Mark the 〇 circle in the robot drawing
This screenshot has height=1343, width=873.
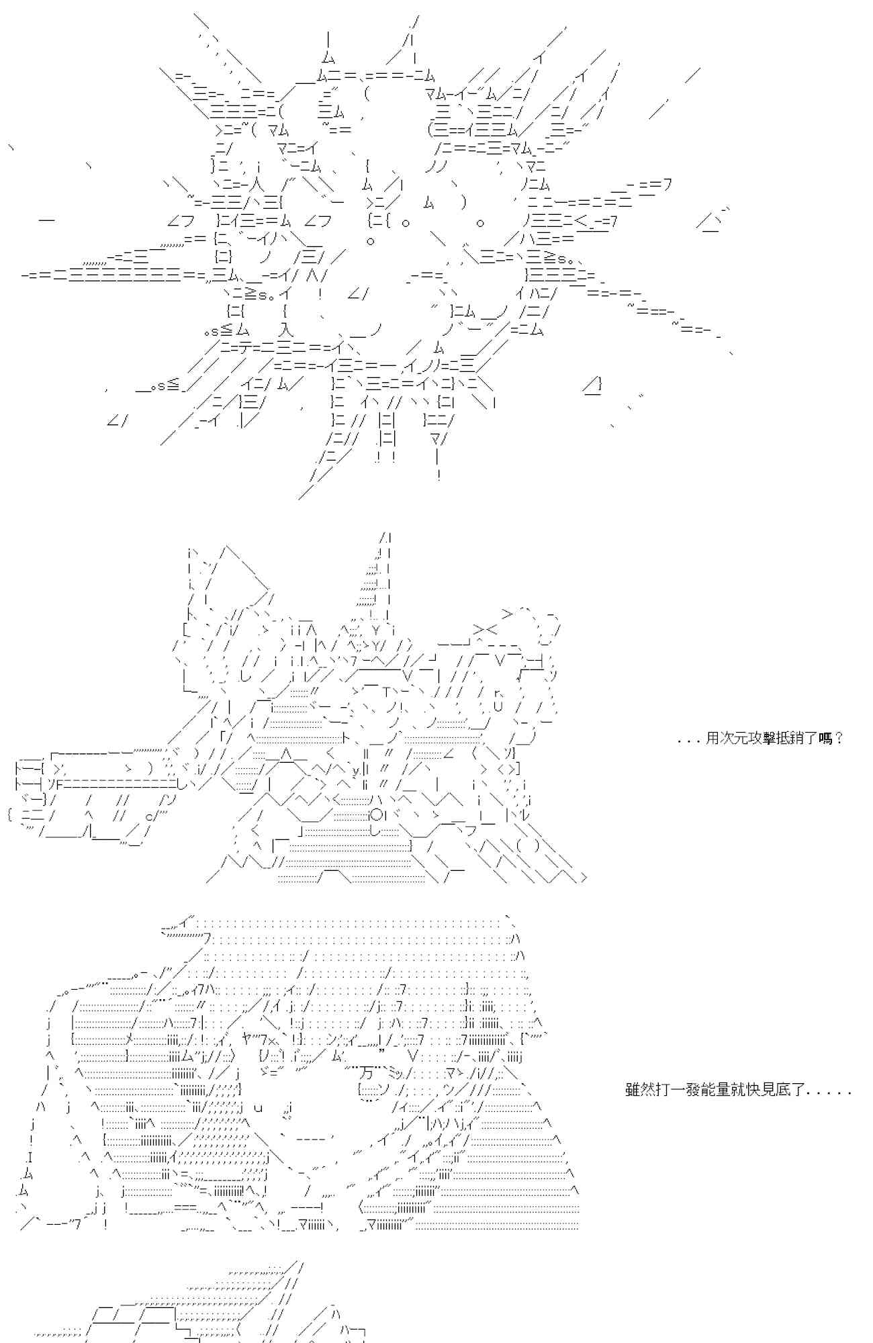click(377, 815)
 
